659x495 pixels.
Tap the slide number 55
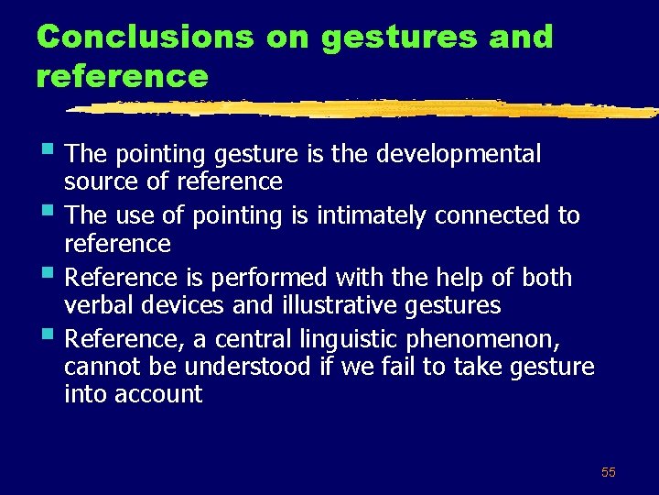point(609,472)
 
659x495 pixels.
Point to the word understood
point(243,368)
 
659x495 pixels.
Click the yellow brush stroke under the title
point(366,109)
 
